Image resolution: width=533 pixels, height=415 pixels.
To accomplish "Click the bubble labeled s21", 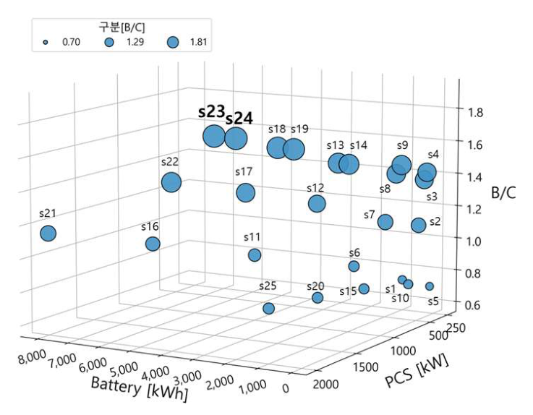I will click(48, 234).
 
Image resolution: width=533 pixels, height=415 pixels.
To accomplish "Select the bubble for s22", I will click(171, 182).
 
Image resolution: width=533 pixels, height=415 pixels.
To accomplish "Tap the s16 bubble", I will click(153, 244).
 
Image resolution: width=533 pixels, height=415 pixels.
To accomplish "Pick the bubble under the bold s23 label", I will click(213, 136).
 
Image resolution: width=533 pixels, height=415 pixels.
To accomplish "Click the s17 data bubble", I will click(245, 192).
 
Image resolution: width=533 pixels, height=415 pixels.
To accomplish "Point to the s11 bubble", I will click(255, 254).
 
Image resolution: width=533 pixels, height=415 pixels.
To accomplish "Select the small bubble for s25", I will click(269, 309).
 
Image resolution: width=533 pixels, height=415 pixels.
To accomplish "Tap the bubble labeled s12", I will click(317, 204).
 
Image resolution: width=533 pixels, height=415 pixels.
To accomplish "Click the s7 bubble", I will click(385, 222).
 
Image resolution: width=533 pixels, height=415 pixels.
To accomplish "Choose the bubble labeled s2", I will click(418, 225).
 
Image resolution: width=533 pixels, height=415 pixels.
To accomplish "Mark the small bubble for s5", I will click(430, 286).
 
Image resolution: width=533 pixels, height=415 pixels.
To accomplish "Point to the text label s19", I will click(299, 129).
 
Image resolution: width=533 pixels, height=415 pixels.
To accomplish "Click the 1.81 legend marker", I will click(173, 43).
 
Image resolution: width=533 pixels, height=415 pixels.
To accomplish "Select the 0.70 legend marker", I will click(46, 43).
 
